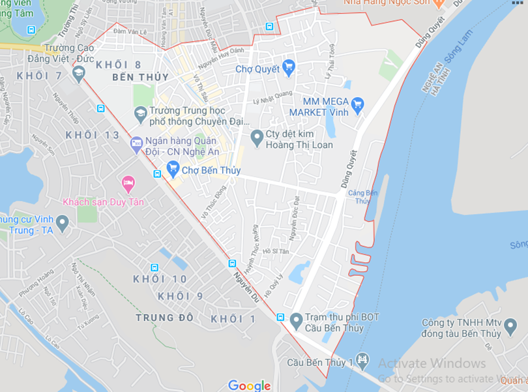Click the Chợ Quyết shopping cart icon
289,67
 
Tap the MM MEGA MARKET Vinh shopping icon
357,104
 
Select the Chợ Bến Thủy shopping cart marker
173,169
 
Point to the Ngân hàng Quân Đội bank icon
136,143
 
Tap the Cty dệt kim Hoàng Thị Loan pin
257,137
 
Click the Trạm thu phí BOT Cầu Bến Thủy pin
297,320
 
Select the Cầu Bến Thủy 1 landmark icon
362,359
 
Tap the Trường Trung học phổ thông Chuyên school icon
140,114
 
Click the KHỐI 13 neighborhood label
93,135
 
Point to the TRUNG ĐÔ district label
164,318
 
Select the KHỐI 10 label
160,279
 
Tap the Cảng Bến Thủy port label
363,196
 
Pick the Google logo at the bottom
249,385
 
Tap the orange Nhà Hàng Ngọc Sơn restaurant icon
439,3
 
